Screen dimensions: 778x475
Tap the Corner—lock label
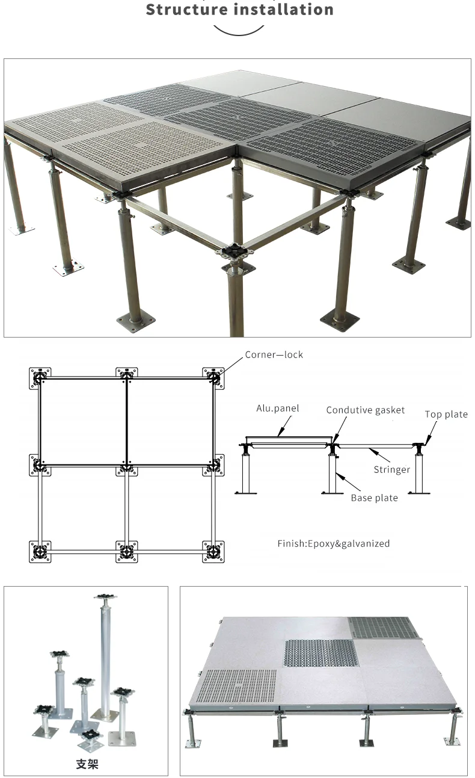(x=274, y=355)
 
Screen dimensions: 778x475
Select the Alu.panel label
(x=277, y=409)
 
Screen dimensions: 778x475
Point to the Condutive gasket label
(x=366, y=410)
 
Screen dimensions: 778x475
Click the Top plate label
(x=446, y=415)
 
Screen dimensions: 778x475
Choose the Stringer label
(x=391, y=469)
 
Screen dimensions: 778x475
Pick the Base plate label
(x=374, y=498)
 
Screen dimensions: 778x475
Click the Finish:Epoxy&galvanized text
(x=333, y=544)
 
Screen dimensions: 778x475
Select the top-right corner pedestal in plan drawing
(x=213, y=378)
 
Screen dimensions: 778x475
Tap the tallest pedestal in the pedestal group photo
(x=106, y=656)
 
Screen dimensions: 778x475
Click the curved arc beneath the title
(x=239, y=30)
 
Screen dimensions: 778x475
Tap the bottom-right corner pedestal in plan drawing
(x=213, y=551)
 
